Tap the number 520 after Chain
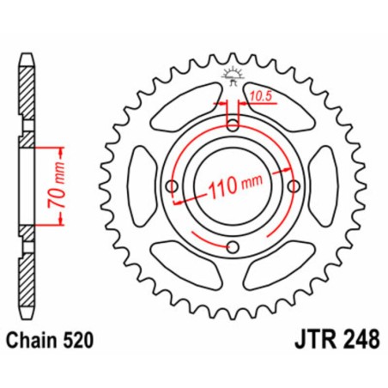(85, 342)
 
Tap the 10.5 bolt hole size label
(260, 99)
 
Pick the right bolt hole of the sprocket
(295, 186)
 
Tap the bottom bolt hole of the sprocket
(233, 249)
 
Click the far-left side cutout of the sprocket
(142, 186)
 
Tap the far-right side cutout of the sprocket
(324, 186)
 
